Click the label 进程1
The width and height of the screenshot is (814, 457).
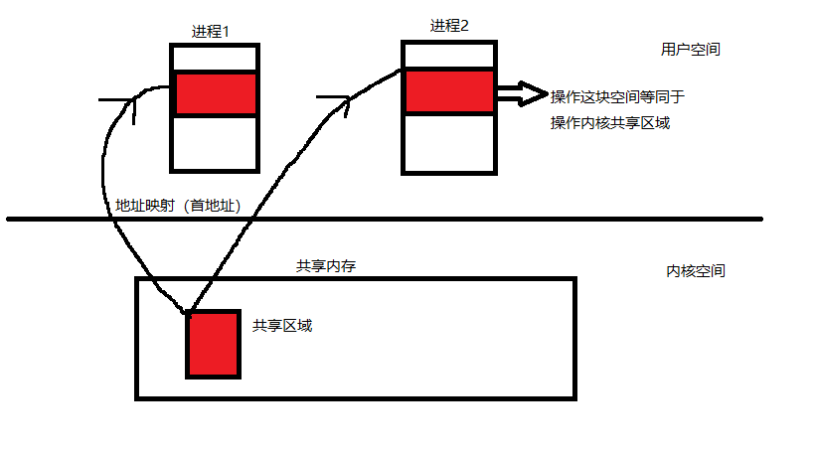(x=211, y=31)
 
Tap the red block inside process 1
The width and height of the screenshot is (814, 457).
(x=216, y=94)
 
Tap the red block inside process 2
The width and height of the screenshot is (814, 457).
(x=448, y=90)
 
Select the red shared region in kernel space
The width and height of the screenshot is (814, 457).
(x=213, y=345)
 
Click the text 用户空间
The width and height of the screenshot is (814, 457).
(x=690, y=49)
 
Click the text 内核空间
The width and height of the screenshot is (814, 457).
(x=695, y=270)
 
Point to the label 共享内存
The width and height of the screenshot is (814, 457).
(x=325, y=266)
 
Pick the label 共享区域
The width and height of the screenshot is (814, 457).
(x=282, y=325)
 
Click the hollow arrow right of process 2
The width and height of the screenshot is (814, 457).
(x=522, y=94)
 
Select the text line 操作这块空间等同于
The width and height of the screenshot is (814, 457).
(x=617, y=96)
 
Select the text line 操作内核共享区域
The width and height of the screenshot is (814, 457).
(x=609, y=123)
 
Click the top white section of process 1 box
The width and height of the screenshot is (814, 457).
(x=215, y=58)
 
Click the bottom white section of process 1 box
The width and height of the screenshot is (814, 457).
(x=215, y=142)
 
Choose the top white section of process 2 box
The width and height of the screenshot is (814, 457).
(x=448, y=55)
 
